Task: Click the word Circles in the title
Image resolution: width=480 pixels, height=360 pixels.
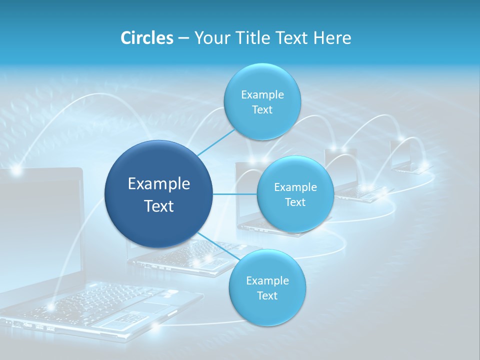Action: click(x=146, y=38)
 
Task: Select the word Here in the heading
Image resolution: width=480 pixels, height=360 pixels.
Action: click(x=333, y=38)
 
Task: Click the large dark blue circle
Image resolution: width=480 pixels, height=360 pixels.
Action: click(x=159, y=194)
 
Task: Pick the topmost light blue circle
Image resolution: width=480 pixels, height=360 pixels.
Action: click(x=262, y=102)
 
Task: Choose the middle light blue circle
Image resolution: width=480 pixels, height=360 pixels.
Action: click(x=295, y=194)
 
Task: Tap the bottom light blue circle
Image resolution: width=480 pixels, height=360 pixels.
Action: click(x=267, y=288)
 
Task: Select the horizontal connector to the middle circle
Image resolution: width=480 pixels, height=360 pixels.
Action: click(x=235, y=194)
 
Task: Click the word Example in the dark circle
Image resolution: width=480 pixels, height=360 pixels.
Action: click(x=159, y=184)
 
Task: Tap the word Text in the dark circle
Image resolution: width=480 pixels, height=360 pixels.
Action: click(x=159, y=206)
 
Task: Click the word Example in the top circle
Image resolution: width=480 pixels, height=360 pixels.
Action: click(x=262, y=95)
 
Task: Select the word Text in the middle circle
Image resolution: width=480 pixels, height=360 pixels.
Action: click(x=295, y=202)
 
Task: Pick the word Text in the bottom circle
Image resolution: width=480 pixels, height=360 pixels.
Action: click(x=267, y=296)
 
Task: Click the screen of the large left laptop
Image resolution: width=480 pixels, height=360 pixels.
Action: click(x=40, y=225)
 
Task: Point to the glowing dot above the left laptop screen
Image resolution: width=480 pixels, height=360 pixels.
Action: click(x=16, y=171)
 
